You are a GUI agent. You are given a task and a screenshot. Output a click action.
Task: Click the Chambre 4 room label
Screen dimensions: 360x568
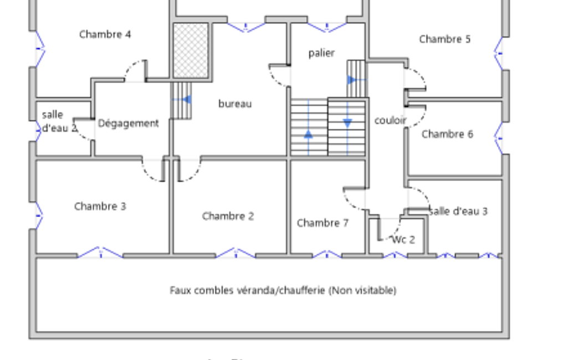point(105,34)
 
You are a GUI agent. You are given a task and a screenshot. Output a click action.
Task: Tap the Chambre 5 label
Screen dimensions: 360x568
point(444,39)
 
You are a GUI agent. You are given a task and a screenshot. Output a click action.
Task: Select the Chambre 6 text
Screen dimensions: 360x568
point(447,134)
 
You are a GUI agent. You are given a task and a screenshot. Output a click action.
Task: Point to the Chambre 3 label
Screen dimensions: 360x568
point(100,207)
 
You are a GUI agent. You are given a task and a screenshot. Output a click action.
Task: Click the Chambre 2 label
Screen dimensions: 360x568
point(228,216)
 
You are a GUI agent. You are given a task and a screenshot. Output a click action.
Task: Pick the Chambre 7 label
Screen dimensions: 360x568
point(323,223)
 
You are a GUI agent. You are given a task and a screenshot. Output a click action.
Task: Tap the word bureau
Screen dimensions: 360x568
point(235,104)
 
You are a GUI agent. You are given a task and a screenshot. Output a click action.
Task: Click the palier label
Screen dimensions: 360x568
point(321,53)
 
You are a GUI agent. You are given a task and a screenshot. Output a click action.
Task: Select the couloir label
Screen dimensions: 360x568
point(390,120)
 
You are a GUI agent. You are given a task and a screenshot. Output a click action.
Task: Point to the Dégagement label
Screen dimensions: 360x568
point(129,124)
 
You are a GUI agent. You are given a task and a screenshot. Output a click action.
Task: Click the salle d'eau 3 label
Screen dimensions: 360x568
point(458,211)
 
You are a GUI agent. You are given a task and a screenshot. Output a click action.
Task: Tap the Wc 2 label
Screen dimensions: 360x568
point(403,240)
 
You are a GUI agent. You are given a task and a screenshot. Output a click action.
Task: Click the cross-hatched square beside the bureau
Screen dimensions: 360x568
point(191,50)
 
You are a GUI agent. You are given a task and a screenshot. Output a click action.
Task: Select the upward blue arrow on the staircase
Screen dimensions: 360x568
point(308,134)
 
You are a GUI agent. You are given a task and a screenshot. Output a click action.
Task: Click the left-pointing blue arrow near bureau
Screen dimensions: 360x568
point(186,100)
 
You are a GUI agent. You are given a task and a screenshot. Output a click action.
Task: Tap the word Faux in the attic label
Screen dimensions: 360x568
point(181,290)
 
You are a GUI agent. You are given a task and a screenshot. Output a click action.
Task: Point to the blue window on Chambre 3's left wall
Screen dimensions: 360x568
point(39,214)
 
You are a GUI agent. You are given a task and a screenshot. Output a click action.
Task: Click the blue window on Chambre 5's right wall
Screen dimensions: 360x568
point(499,53)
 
